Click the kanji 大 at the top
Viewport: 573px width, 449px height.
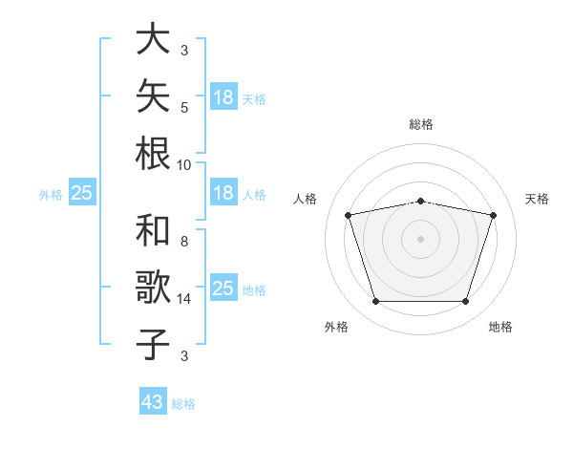point(153,38)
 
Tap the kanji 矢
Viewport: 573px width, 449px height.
point(153,96)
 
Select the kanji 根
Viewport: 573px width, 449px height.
point(153,153)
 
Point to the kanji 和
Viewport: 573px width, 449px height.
point(153,230)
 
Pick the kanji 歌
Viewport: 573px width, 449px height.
point(153,287)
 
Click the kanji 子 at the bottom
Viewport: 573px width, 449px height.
point(153,344)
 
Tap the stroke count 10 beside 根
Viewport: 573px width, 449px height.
point(183,165)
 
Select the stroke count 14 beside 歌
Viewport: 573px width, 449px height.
point(183,299)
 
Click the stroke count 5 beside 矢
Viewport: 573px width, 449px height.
point(184,108)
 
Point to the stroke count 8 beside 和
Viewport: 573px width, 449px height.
point(184,242)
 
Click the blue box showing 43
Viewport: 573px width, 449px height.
point(153,400)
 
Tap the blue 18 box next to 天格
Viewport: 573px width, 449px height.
point(224,96)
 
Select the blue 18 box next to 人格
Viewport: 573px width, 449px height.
point(224,192)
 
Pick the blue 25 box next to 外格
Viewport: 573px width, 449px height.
point(82,192)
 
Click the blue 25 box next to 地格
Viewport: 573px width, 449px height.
point(224,287)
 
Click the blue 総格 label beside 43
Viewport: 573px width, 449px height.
point(183,404)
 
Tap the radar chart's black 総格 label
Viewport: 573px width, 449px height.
point(421,124)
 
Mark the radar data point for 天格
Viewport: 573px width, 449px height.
point(493,215)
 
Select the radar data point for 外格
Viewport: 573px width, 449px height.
point(376,301)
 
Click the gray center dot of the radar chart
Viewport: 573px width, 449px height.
point(420,239)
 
